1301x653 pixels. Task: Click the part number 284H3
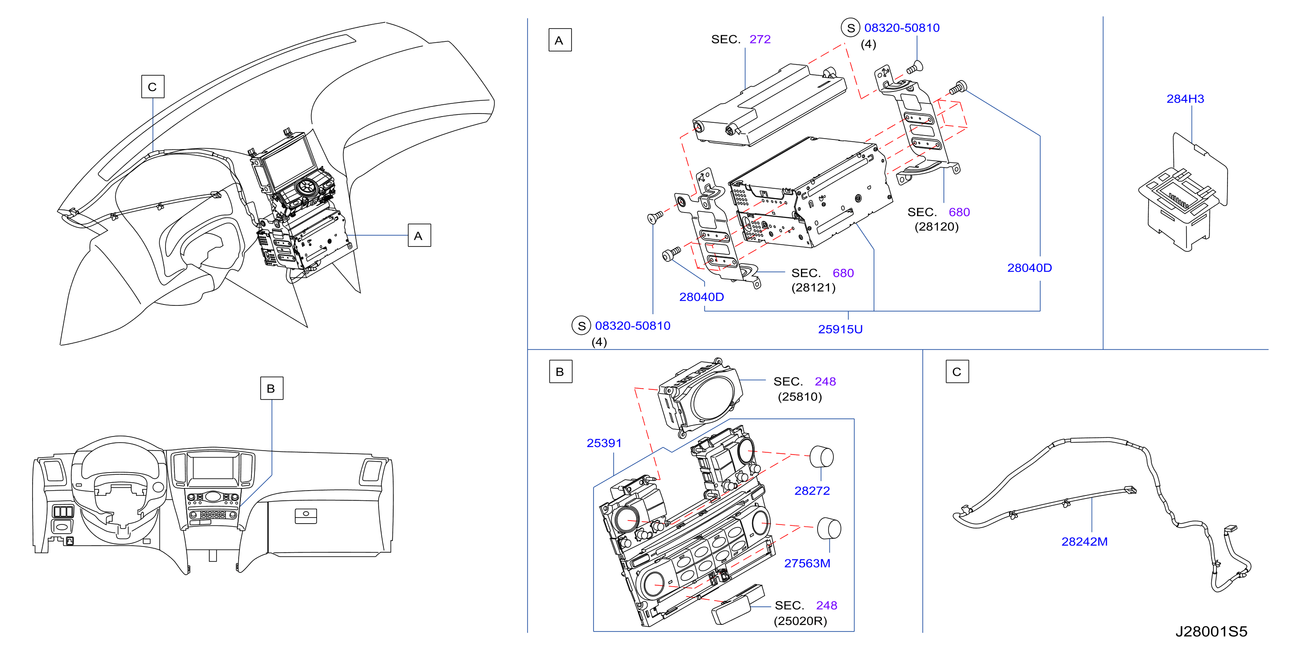(x=1185, y=99)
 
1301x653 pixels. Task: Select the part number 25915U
(x=840, y=329)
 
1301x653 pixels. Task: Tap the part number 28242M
(x=1084, y=542)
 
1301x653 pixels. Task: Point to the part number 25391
(x=604, y=443)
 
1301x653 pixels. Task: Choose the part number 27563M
(x=807, y=563)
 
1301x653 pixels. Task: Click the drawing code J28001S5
(x=1211, y=631)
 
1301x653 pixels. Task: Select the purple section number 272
(x=759, y=39)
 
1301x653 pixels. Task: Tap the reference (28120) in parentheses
(x=936, y=227)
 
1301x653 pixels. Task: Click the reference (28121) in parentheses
(x=813, y=288)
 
